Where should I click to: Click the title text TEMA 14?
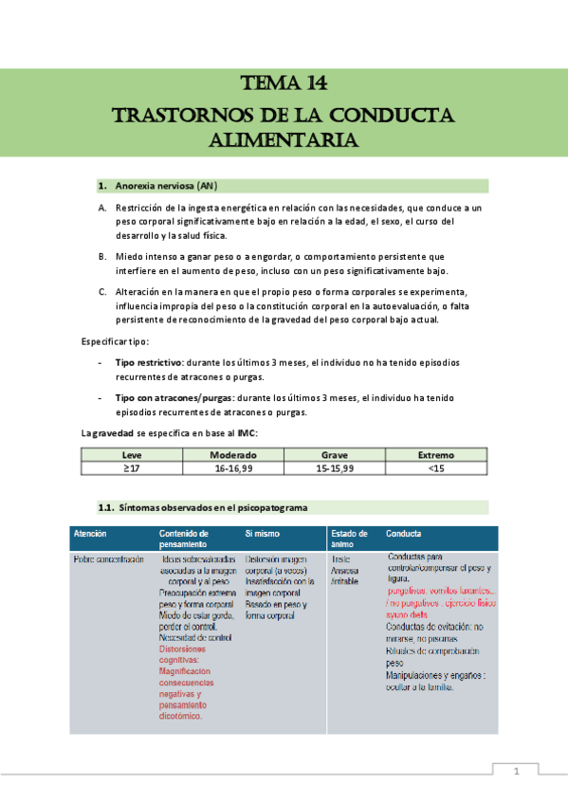tap(284, 83)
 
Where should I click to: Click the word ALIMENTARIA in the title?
tap(284, 140)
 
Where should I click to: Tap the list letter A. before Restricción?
tap(102, 208)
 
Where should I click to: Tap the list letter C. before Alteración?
tap(102, 291)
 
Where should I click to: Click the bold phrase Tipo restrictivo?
tap(152, 363)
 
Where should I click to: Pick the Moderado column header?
tap(233, 456)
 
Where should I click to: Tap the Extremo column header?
tap(435, 456)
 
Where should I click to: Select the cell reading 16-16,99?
tap(233, 468)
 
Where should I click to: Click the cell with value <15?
tap(435, 468)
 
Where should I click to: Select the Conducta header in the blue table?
tap(405, 534)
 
